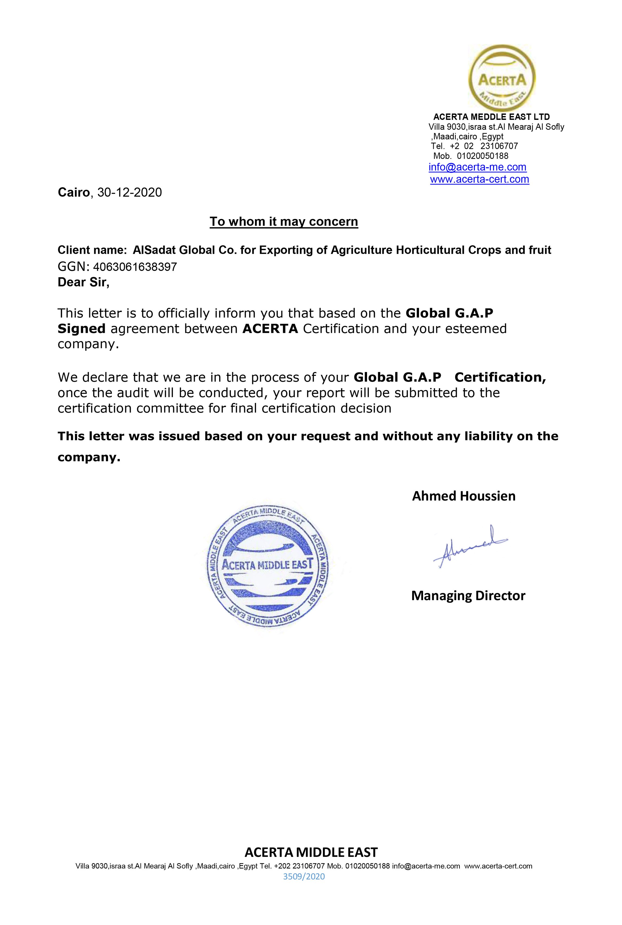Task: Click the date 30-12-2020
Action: (130, 193)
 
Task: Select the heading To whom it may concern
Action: (284, 221)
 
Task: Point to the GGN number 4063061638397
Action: (135, 267)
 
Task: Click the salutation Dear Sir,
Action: (83, 282)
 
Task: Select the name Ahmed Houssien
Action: (463, 496)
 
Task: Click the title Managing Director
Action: (468, 595)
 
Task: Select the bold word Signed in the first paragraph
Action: (82, 329)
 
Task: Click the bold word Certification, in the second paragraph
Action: (500, 377)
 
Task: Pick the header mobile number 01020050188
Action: (482, 156)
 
